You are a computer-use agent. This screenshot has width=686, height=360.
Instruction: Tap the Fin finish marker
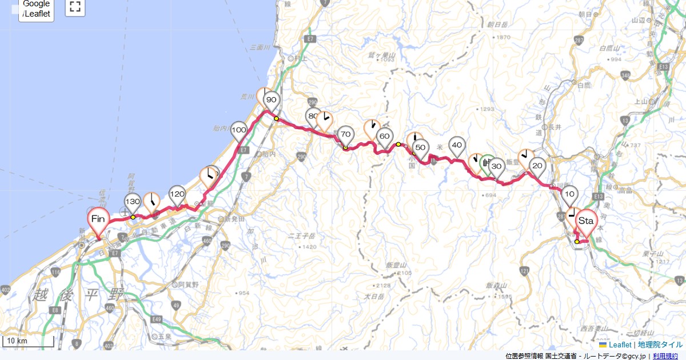(98, 219)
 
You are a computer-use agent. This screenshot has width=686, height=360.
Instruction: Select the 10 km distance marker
(569, 195)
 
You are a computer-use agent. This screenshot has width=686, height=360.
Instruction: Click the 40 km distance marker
(457, 146)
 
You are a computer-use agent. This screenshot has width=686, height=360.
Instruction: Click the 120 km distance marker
(177, 195)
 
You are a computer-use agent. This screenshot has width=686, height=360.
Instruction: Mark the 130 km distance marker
(133, 202)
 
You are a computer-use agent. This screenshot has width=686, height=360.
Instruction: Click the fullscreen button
(75, 7)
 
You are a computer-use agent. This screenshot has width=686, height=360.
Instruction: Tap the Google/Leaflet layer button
(37, 9)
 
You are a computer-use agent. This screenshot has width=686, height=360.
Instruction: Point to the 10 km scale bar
(29, 342)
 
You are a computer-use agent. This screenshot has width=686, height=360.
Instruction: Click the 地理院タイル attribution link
(660, 345)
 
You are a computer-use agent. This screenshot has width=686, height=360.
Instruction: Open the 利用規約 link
(666, 356)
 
